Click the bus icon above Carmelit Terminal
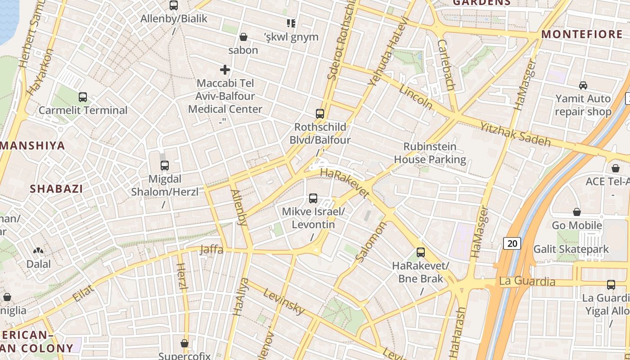pyautogui.click(x=83, y=97)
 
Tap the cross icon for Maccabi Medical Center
pyautogui.click(x=225, y=70)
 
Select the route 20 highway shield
pyautogui.click(x=512, y=243)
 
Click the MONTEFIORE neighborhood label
pyautogui.click(x=581, y=34)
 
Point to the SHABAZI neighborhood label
pyautogui.click(x=56, y=189)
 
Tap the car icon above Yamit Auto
pyautogui.click(x=583, y=85)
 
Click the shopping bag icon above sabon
pyautogui.click(x=243, y=37)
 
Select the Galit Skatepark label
pyautogui.click(x=571, y=249)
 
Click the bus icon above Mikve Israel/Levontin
pyautogui.click(x=313, y=198)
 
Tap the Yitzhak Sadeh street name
pyautogui.click(x=515, y=134)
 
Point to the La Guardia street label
pyautogui.click(x=527, y=282)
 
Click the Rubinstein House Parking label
pyautogui.click(x=430, y=153)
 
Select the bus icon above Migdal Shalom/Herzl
pyautogui.click(x=165, y=165)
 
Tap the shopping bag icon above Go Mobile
pyautogui.click(x=577, y=212)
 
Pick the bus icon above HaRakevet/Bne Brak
pyautogui.click(x=421, y=252)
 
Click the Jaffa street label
pyautogui.click(x=211, y=249)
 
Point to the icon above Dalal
pyautogui.click(x=39, y=250)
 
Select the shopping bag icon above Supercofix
pyautogui.click(x=184, y=343)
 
